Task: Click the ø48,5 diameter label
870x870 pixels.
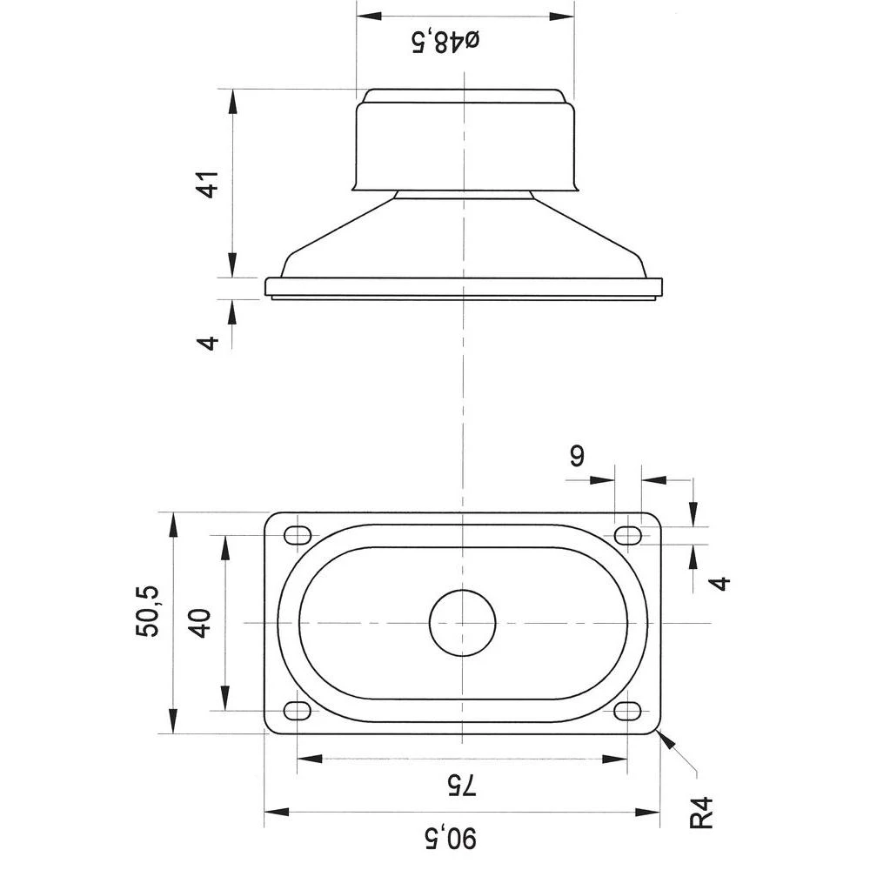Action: pyautogui.click(x=446, y=40)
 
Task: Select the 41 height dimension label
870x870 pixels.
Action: pyautogui.click(x=208, y=184)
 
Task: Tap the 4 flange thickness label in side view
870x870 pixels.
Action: pyautogui.click(x=208, y=341)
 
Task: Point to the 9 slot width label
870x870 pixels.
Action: pyautogui.click(x=577, y=456)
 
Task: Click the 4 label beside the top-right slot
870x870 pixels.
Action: pyautogui.click(x=720, y=582)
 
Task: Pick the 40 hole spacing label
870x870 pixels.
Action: pyautogui.click(x=201, y=624)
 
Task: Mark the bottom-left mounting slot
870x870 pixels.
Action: pyautogui.click(x=298, y=711)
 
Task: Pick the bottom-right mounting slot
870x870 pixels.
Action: pyautogui.click(x=626, y=711)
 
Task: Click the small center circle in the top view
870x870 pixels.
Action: pyautogui.click(x=463, y=622)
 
